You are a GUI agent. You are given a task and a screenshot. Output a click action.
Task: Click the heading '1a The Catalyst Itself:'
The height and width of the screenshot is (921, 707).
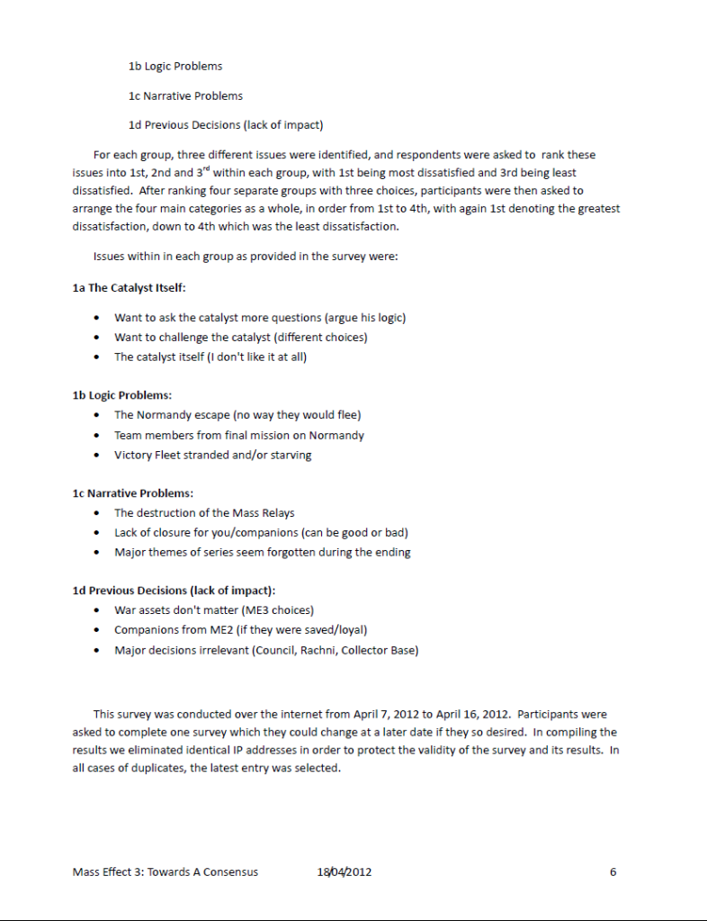click(x=129, y=287)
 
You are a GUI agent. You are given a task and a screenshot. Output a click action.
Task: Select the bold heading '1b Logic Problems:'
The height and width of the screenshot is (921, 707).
click(x=121, y=395)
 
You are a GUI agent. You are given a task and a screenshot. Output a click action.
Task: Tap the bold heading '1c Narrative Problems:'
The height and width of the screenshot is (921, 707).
click(x=132, y=493)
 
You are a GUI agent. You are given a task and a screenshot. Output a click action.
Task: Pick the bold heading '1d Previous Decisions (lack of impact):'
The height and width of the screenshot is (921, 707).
click(x=174, y=591)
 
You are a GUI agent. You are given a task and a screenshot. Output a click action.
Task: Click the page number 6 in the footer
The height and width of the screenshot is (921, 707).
click(x=613, y=871)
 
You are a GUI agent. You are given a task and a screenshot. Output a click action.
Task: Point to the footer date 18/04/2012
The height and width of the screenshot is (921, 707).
click(x=345, y=871)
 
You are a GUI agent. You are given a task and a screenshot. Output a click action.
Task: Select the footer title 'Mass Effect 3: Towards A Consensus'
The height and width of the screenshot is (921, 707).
click(x=165, y=871)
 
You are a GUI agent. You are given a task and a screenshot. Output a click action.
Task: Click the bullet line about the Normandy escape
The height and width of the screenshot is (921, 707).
click(x=237, y=415)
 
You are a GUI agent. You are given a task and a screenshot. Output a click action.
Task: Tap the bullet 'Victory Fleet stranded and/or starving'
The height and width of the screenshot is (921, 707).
click(x=212, y=455)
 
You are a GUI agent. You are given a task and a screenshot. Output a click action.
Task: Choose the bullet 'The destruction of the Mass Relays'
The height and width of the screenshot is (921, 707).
click(x=204, y=513)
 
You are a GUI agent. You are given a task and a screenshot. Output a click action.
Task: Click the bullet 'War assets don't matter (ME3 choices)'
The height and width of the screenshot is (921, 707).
click(x=213, y=610)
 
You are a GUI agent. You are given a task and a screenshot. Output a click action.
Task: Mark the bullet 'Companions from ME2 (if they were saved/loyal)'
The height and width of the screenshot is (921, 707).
click(x=240, y=630)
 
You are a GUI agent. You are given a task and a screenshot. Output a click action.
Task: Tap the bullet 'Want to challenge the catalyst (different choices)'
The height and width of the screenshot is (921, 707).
click(x=240, y=338)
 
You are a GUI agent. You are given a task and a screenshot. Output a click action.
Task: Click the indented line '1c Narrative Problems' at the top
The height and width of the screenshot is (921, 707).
click(x=185, y=95)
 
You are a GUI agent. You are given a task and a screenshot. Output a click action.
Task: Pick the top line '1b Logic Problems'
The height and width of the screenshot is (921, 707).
click(x=175, y=66)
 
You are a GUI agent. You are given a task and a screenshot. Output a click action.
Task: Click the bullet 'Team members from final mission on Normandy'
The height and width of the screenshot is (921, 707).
click(x=238, y=435)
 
